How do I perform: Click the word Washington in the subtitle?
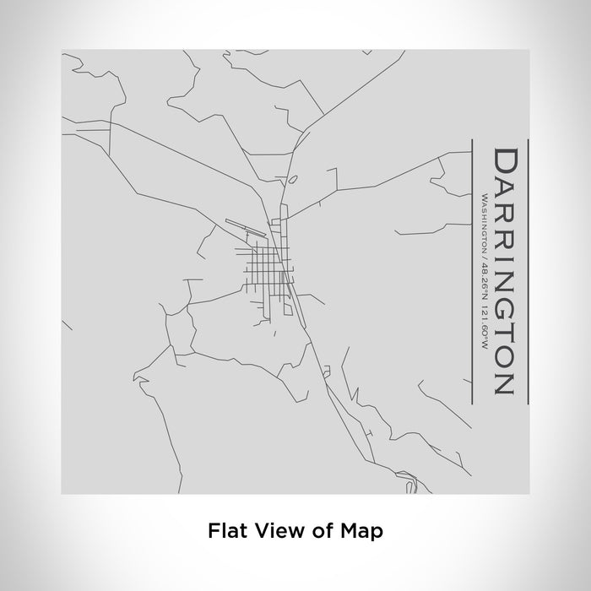coord(482,222)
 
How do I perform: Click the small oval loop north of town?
coord(292,180)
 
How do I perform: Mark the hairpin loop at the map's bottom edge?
coord(409,487)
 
